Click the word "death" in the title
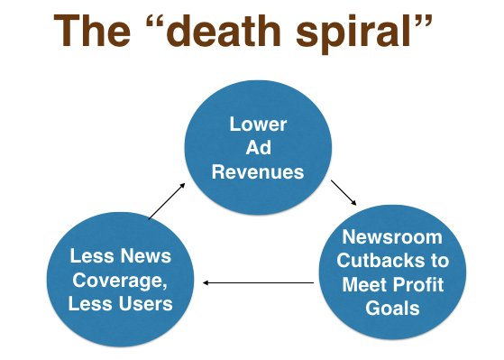tap(224, 31)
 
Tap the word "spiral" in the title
tap(353, 33)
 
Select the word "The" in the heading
tap(92, 31)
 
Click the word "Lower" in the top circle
tap(258, 125)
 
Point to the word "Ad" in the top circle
tap(258, 148)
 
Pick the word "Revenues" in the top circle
tap(258, 171)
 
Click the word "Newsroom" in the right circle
tap(392, 237)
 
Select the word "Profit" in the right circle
tap(418, 284)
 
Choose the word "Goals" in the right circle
tap(392, 309)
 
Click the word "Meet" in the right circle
tap(365, 284)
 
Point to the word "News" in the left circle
tap(146, 255)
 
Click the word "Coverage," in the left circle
tap(120, 281)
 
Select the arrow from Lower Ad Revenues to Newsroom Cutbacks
tap(344, 193)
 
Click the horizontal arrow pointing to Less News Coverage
tap(259, 282)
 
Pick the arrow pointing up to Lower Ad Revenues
tap(167, 201)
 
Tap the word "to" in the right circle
tap(440, 260)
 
